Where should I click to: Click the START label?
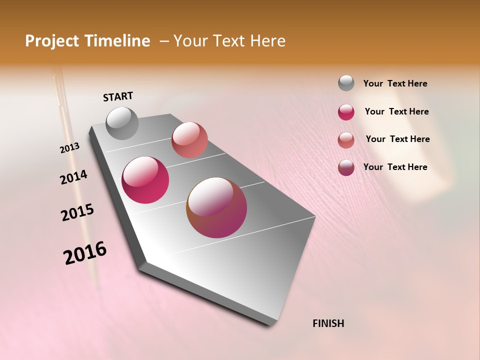[x=118, y=96]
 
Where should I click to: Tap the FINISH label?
[x=328, y=323]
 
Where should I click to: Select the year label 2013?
[x=69, y=148]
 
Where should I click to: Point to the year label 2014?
[x=73, y=177]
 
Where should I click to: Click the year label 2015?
[x=77, y=212]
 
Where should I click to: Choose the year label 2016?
[x=85, y=253]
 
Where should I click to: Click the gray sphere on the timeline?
[x=122, y=123]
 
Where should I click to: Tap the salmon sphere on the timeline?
[x=189, y=139]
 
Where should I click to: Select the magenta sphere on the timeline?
[x=145, y=180]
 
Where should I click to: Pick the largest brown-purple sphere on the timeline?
[x=216, y=207]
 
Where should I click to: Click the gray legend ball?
[x=346, y=83]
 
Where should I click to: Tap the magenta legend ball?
[x=346, y=112]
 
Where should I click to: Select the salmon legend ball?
[x=346, y=140]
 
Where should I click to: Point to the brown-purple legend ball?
[x=346, y=167]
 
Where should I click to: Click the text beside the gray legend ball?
[x=395, y=83]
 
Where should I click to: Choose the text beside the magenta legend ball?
[x=396, y=111]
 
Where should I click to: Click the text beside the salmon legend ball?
[x=397, y=139]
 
